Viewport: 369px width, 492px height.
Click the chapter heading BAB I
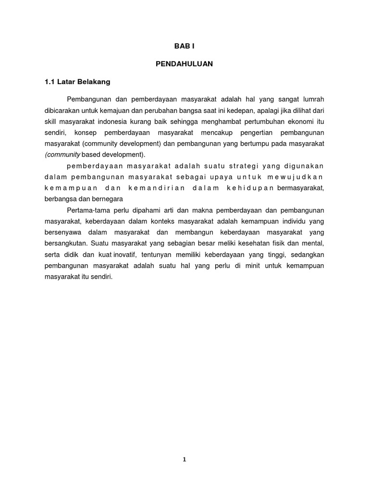(x=184, y=46)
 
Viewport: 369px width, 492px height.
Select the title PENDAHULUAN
(x=184, y=63)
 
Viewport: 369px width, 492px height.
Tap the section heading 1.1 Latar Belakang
(x=77, y=82)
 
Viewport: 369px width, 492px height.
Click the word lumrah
(x=313, y=99)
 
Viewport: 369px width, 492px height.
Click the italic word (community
(x=63, y=154)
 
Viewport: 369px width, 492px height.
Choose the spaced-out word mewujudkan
(x=300, y=177)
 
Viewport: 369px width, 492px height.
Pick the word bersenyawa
(x=63, y=232)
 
